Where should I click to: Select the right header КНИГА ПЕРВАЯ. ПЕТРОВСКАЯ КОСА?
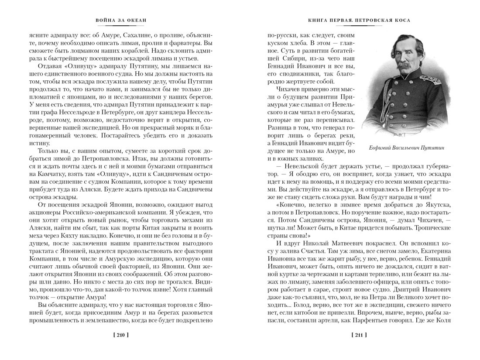pos(359,21)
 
